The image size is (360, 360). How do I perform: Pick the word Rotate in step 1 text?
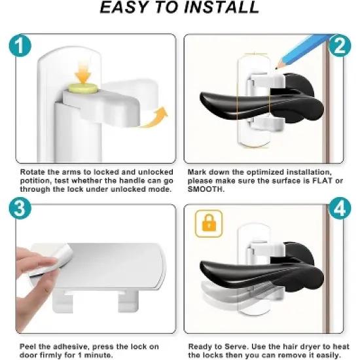29,171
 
